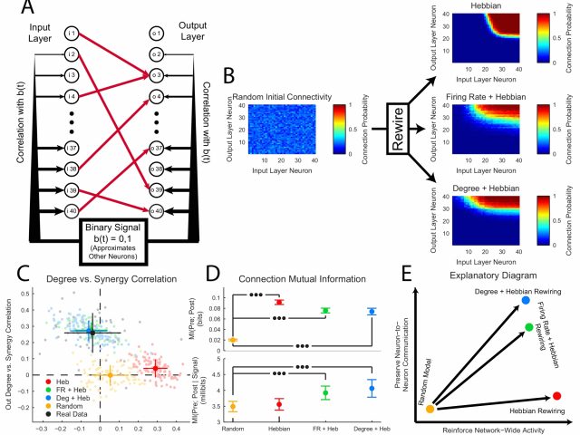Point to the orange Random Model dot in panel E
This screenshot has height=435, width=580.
coord(430,410)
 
